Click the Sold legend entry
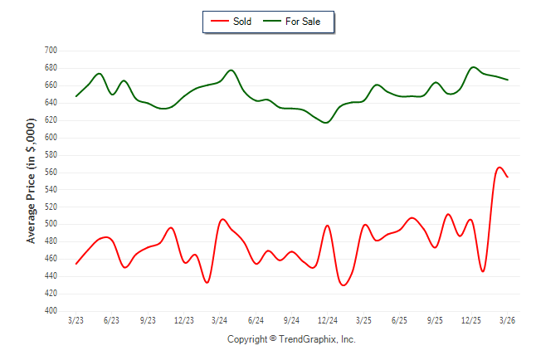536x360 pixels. point(234,22)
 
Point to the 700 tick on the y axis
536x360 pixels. point(51,51)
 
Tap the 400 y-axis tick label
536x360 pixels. point(51,311)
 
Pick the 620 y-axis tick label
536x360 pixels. point(51,120)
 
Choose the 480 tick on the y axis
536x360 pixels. point(51,241)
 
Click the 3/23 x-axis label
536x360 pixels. point(76,320)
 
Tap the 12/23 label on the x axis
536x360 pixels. point(183,320)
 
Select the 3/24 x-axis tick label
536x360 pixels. point(220,320)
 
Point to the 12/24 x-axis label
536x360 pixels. point(328,320)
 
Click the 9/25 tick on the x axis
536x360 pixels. point(436,320)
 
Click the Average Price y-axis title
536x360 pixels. point(32,181)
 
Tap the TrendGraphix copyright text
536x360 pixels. point(291,339)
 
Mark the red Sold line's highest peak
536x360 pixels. point(499,168)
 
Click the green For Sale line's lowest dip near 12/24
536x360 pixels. point(326,123)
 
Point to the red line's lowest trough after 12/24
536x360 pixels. point(344,285)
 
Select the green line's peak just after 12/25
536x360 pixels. point(474,67)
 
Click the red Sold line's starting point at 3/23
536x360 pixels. point(76,264)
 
